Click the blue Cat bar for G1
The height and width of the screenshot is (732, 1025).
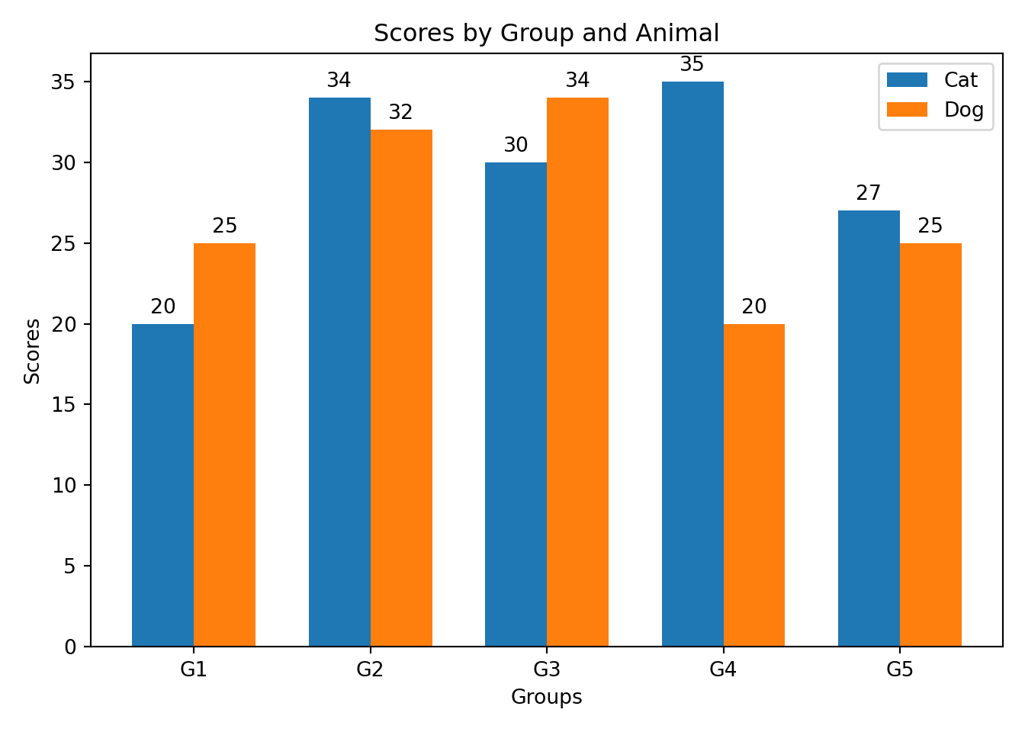tap(162, 485)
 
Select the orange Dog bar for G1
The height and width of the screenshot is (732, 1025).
tap(224, 445)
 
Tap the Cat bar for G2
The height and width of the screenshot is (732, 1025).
tap(339, 372)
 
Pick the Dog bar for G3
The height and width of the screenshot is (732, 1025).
tap(577, 372)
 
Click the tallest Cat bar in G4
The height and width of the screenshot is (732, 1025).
tap(692, 364)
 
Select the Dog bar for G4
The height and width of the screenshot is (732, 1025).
tap(753, 485)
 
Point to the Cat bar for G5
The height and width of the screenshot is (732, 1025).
tap(869, 429)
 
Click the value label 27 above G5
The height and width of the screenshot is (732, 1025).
tap(869, 193)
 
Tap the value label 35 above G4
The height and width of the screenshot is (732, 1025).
tap(692, 65)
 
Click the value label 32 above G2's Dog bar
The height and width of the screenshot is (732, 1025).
tap(400, 113)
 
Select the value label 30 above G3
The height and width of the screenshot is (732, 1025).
tap(516, 145)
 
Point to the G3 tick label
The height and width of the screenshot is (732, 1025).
tap(547, 670)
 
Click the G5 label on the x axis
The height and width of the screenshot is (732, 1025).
tap(900, 670)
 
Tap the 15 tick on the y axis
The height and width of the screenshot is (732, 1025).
tap(65, 405)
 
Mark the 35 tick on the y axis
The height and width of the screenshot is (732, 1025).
tap(65, 82)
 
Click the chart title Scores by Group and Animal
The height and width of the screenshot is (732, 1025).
tap(546, 34)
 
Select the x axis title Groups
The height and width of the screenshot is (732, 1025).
tap(546, 697)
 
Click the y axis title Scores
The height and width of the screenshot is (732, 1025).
tap(32, 351)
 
